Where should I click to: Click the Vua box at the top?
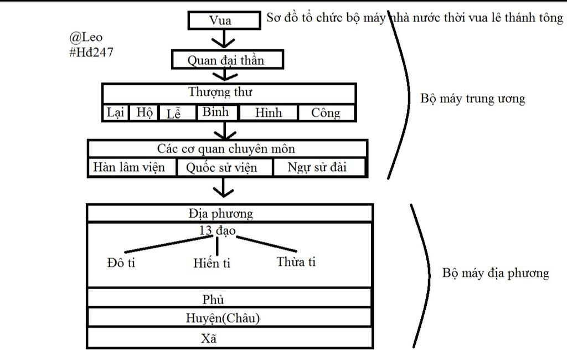coord(224,20)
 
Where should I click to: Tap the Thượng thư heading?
coord(228,92)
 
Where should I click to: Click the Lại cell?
coord(116,113)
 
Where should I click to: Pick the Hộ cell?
coord(145,113)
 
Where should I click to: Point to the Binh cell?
coord(216,112)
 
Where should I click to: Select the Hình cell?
coord(269,113)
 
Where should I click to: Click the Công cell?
coord(326,113)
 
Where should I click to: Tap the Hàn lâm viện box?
coord(131,167)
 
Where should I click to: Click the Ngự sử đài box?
coord(318,167)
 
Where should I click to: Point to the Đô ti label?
coord(121,263)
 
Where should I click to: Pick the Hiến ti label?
coord(212,263)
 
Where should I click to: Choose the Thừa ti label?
coord(296,262)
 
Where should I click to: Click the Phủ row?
coord(213,300)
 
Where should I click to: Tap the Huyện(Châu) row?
coord(224,318)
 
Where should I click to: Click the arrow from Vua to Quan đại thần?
coord(223,39)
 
